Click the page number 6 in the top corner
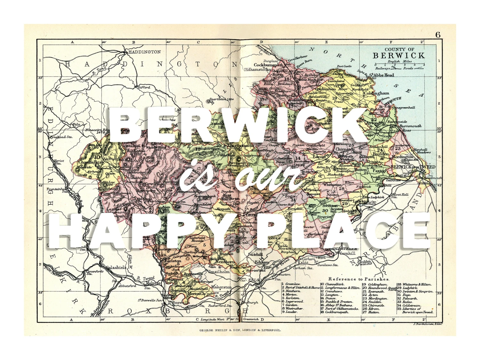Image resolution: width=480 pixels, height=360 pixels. click(x=438, y=35)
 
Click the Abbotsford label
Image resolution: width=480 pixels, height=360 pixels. click(x=128, y=286)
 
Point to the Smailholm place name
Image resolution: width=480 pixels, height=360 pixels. click(x=219, y=271)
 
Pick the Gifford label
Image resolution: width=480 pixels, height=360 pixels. click(x=144, y=87)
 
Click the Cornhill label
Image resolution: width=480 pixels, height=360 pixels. click(x=347, y=253)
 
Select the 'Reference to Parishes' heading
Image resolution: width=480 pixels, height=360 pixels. click(x=359, y=279)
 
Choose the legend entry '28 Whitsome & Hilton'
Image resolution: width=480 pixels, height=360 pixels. click(x=414, y=284)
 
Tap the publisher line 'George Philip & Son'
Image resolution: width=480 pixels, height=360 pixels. click(x=240, y=330)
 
